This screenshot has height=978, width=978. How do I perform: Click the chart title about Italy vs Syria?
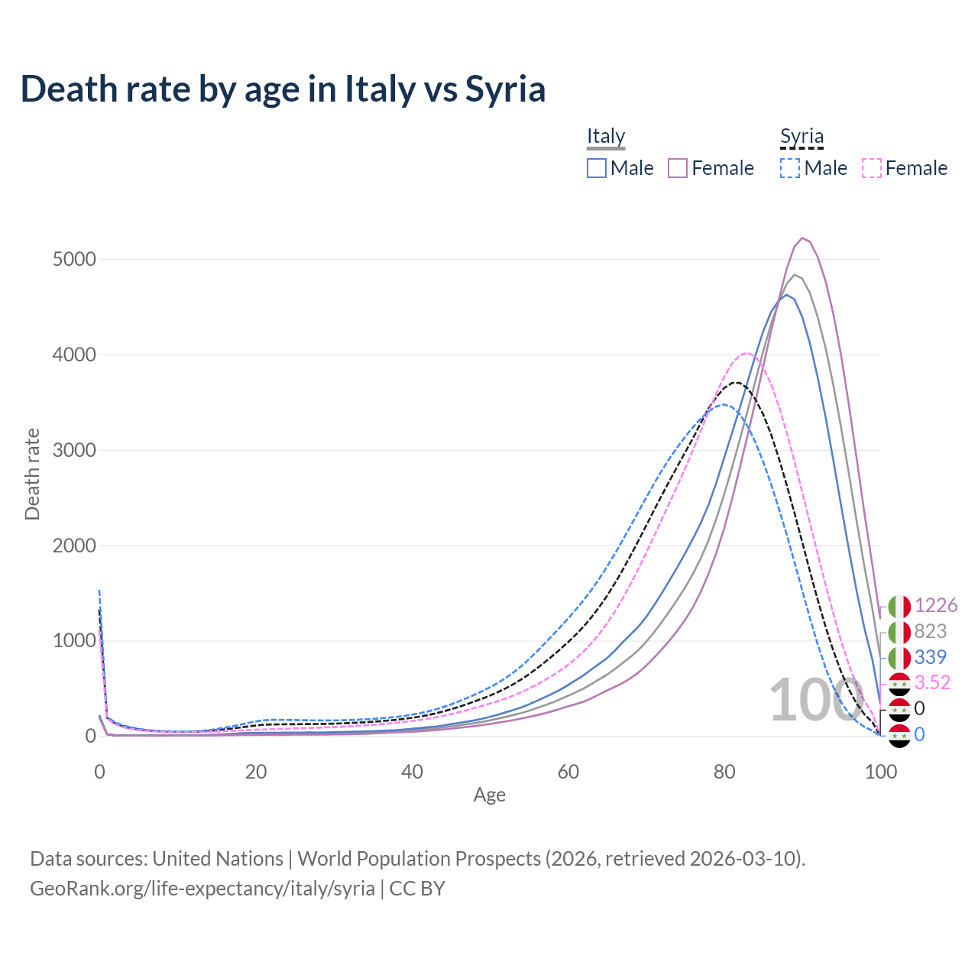[x=283, y=89]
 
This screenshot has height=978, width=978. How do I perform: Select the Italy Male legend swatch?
[x=597, y=168]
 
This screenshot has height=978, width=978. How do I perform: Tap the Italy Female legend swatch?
[x=678, y=168]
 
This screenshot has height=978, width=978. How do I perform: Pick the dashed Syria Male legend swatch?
[x=790, y=168]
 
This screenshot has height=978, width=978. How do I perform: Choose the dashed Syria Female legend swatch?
[x=872, y=168]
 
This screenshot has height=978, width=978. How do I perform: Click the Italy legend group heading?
[x=606, y=136]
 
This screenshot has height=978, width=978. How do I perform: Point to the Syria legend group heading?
[x=802, y=136]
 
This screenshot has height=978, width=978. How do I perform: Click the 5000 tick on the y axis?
[x=74, y=260]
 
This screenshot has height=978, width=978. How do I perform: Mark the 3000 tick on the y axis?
[x=74, y=450]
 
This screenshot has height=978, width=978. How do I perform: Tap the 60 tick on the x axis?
[x=568, y=772]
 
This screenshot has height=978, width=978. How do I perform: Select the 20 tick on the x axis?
[x=256, y=772]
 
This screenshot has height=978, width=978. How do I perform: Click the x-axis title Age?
[x=489, y=795]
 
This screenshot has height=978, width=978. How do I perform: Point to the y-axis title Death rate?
[x=32, y=474]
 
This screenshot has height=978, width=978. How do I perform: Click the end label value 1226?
[x=935, y=605]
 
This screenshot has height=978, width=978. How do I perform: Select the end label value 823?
[x=930, y=631]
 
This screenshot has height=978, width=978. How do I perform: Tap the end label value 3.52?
[x=932, y=682]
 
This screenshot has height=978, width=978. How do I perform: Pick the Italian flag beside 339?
[x=899, y=657]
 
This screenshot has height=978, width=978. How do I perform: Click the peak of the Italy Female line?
[x=802, y=238]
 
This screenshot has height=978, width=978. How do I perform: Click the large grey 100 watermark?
[x=814, y=701]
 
